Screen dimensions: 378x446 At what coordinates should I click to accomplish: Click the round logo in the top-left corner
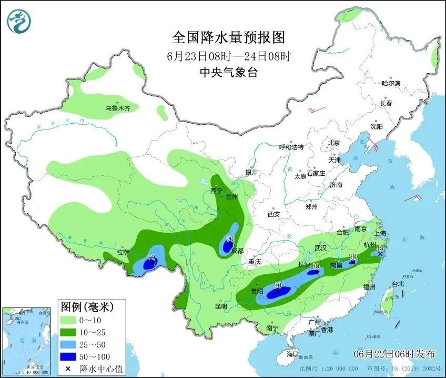[19, 21]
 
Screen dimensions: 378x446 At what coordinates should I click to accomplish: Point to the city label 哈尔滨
[391, 83]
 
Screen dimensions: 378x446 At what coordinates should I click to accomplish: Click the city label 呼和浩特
[291, 147]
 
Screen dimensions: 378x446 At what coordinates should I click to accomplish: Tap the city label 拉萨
[123, 252]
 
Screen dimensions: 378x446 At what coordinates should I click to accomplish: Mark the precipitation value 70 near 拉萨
[151, 257]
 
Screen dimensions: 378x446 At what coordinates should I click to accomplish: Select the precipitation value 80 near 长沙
[316, 266]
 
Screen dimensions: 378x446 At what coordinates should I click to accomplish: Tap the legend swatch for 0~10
[68, 320]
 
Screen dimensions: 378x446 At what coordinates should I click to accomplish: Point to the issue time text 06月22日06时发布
[393, 352]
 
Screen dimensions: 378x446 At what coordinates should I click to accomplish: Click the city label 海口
[292, 354]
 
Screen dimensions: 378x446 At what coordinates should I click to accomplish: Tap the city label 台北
[398, 284]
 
